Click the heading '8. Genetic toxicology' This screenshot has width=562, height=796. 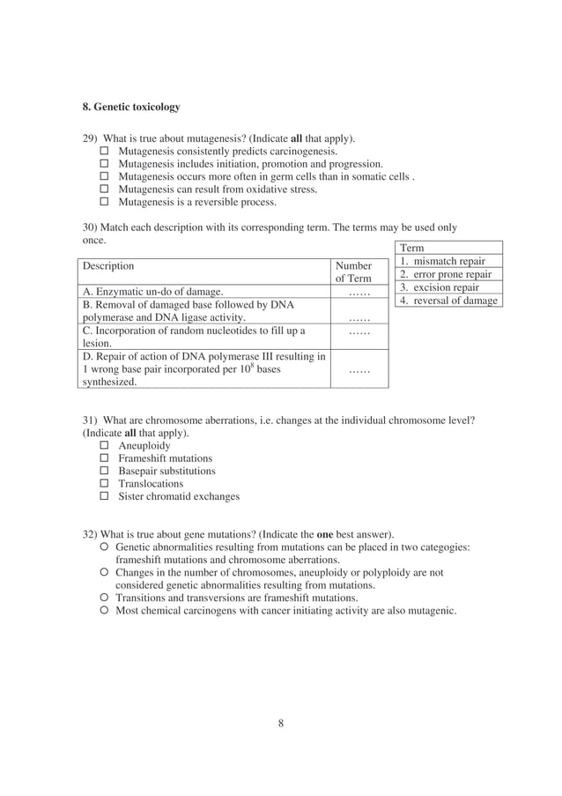click(x=130, y=107)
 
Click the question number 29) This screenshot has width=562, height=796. click(x=91, y=138)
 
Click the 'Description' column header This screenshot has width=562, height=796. click(x=108, y=265)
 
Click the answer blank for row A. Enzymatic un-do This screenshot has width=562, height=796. click(x=358, y=292)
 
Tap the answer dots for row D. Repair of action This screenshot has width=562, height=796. click(x=358, y=370)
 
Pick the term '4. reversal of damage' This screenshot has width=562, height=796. click(x=448, y=301)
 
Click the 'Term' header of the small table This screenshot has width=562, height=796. click(x=411, y=249)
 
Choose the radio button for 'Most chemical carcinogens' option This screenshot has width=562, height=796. click(x=105, y=610)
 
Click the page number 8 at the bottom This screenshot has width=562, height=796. click(x=280, y=724)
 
